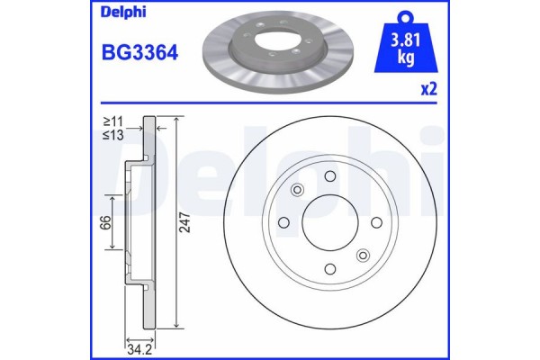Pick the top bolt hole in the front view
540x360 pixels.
[x=329, y=176]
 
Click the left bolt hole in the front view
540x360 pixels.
[x=283, y=222]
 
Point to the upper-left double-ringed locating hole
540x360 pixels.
[x=297, y=190]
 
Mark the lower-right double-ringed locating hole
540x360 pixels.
[x=363, y=256]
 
